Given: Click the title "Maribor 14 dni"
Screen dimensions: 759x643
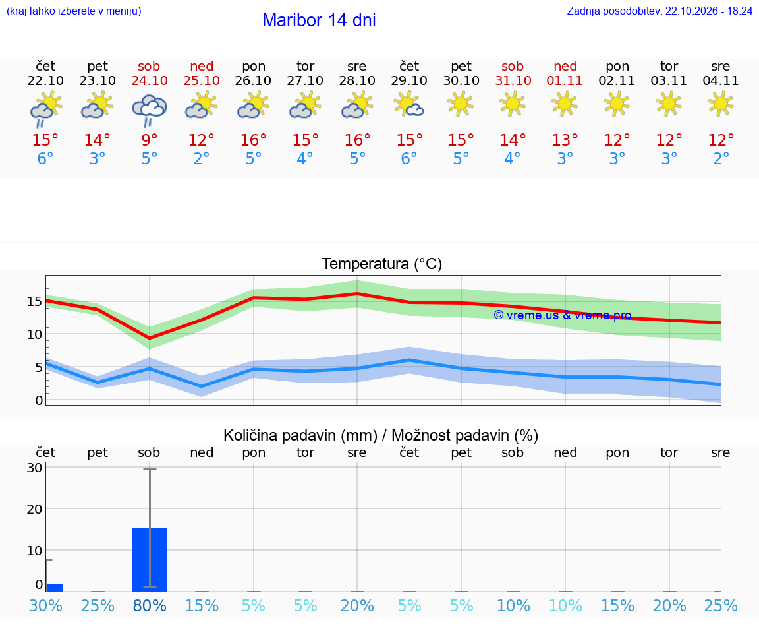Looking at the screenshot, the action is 319,20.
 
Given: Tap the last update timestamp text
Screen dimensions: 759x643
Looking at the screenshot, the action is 660,11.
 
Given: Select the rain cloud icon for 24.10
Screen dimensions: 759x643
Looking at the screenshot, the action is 150,110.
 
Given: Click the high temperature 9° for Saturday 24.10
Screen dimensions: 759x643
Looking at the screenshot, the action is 150,140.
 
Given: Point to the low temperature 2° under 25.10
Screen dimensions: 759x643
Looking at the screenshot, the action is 202,158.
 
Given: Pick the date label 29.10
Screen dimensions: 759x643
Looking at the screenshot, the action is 409,80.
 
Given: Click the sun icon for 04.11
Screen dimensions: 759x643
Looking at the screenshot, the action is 720,104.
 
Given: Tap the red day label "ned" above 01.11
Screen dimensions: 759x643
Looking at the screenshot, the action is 565,66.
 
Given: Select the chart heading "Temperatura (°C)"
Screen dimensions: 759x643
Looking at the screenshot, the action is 382,264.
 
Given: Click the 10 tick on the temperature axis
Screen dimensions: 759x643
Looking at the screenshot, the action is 34,334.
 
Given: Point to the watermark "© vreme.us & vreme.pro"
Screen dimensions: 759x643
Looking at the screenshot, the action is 563,315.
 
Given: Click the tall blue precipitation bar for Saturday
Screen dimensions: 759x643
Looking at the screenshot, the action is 150,560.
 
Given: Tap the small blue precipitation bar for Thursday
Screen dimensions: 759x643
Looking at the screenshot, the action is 54,588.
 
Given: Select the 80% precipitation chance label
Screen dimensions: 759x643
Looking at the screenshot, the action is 150,605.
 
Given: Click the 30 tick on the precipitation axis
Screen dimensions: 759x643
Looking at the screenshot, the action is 34,468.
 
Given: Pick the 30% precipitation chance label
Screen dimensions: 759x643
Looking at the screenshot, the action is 45,605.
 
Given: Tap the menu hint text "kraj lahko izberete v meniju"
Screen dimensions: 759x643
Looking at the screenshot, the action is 74,11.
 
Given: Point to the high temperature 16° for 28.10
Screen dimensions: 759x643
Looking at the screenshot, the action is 357,140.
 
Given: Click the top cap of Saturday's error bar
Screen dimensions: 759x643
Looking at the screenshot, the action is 150,469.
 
